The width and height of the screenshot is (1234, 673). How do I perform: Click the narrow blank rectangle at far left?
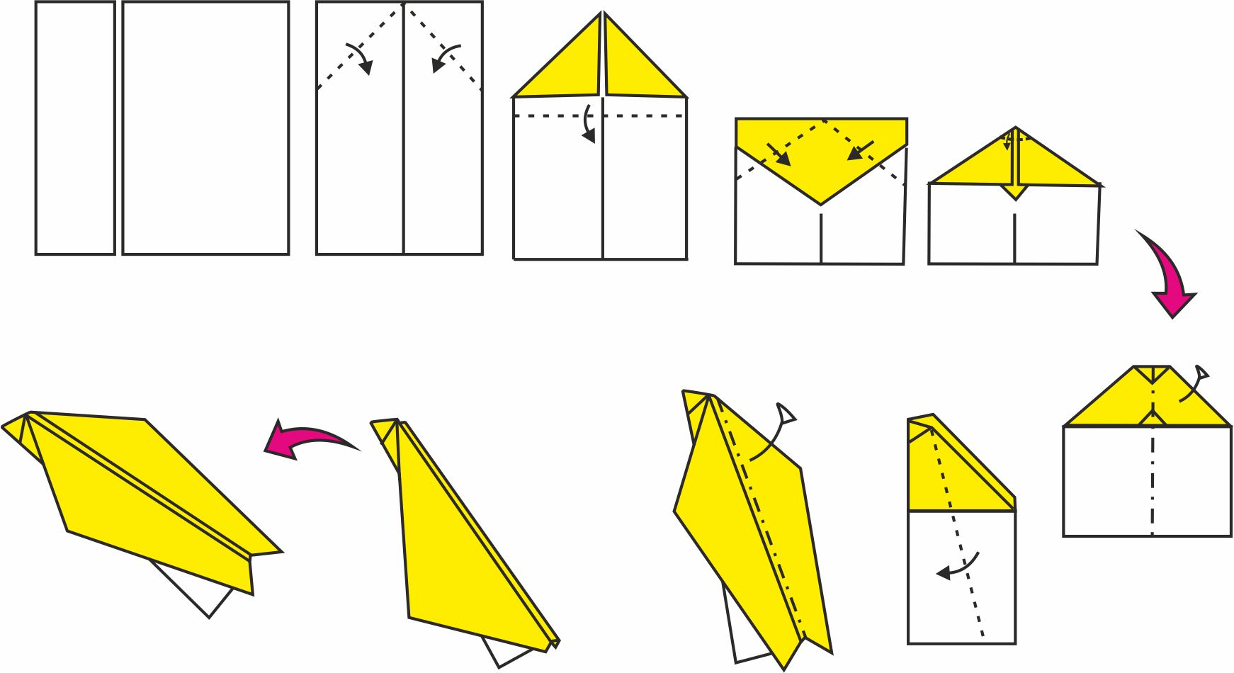tap(75, 128)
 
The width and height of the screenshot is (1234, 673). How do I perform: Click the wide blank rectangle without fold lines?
tap(205, 128)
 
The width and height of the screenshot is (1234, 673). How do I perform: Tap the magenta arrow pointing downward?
tap(1169, 276)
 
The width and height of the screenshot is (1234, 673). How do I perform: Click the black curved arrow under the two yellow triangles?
tap(588, 124)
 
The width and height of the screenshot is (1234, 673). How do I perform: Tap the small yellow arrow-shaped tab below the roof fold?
tap(1015, 192)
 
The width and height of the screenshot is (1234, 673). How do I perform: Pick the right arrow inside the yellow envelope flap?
tap(861, 150)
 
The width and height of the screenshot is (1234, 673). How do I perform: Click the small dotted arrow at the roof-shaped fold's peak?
tap(1008, 140)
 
